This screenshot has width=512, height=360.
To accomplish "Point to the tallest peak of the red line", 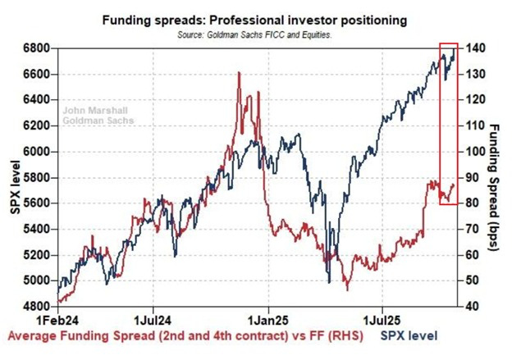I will (239, 73).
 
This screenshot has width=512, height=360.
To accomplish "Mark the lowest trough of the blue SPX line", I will (329, 282).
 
